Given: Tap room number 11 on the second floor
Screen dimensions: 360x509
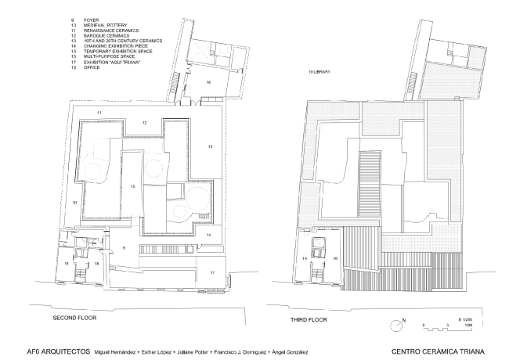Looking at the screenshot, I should [x=99, y=114].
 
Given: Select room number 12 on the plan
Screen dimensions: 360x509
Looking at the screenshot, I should [x=144, y=123].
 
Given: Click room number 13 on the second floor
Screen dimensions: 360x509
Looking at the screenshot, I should [x=210, y=146].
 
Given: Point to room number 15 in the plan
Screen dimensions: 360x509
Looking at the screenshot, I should [x=133, y=186].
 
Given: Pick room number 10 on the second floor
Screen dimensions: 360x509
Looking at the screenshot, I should [x=75, y=203].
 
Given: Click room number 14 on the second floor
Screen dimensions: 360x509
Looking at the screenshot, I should [x=208, y=234].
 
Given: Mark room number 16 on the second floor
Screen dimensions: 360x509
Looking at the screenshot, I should [x=208, y=81].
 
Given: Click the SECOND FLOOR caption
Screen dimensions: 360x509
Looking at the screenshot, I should [x=75, y=319].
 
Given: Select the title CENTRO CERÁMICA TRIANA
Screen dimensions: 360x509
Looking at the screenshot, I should [x=442, y=350].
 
